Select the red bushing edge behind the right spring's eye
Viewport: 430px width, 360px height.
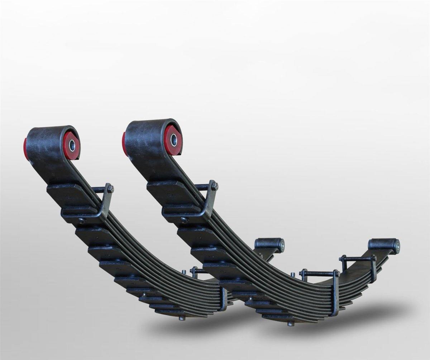(x=124, y=143)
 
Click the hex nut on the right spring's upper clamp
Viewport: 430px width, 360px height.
(x=214, y=186)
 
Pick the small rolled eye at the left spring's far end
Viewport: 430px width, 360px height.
(x=269, y=245)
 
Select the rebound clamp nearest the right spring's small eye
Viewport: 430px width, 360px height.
(x=373, y=267)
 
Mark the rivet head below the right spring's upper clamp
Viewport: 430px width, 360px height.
(x=184, y=220)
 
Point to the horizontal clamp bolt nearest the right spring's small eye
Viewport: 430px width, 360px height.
(x=357, y=258)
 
